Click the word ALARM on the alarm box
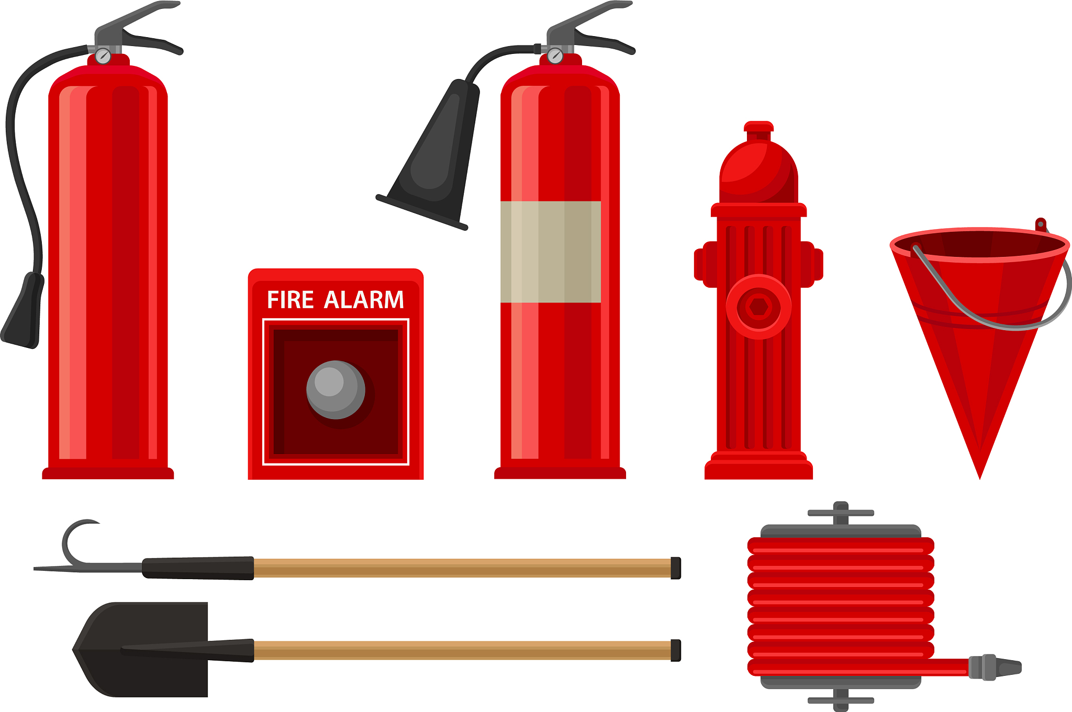(x=364, y=300)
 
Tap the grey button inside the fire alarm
(x=336, y=390)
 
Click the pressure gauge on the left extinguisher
(x=103, y=56)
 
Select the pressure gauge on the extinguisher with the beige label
(x=555, y=56)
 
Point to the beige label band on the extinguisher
(x=551, y=252)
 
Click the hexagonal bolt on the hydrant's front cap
(x=758, y=307)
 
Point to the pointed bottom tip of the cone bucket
(x=980, y=478)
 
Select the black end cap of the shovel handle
(x=676, y=650)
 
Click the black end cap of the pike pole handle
(x=676, y=568)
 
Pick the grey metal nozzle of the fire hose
(x=995, y=668)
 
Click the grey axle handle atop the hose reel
(x=841, y=513)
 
